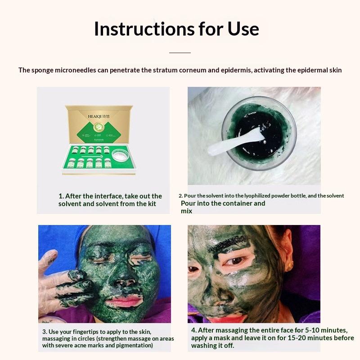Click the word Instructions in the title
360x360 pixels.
[144, 29]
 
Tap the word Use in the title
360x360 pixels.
[243, 29]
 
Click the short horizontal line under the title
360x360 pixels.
[180, 53]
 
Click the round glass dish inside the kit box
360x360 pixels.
[121, 155]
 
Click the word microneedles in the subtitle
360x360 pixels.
[75, 70]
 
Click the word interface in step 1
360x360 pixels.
[109, 196]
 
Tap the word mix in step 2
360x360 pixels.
[186, 211]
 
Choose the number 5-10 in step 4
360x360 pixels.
[312, 330]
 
